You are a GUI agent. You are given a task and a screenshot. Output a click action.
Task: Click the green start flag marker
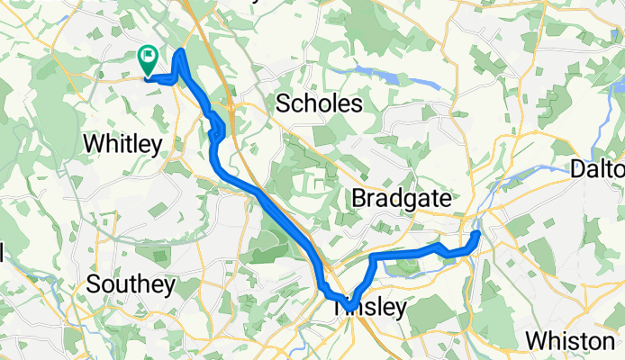tap(148, 59)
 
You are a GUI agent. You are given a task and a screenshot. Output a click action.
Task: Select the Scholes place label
tap(319, 103)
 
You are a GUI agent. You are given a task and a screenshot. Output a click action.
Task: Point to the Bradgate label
tap(401, 198)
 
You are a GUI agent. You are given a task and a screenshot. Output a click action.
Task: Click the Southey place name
tap(131, 285)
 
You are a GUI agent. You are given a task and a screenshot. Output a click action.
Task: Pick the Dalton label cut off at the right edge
tap(598, 169)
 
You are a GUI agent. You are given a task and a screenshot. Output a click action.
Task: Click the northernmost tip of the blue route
tap(182, 52)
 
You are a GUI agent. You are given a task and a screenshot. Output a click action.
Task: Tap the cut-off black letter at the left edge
tap(3, 255)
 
